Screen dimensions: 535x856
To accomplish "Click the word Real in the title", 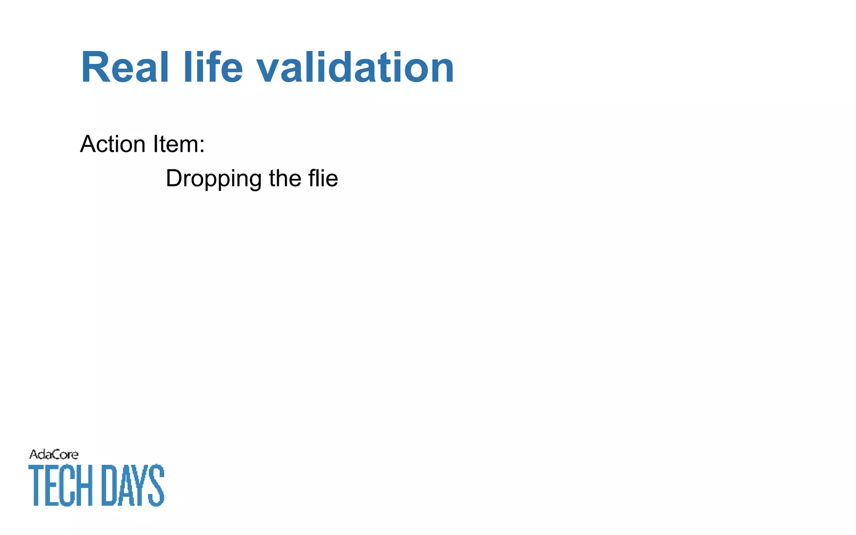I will coord(125,68).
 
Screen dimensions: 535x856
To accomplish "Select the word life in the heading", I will coord(213,68).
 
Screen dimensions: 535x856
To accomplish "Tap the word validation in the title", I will coord(355,68).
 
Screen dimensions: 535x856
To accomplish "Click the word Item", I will coord(175,144).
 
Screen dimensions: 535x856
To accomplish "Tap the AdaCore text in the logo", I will coord(53,454).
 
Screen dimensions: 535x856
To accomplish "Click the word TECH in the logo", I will coord(60,485).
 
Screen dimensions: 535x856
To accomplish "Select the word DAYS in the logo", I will coord(133,485).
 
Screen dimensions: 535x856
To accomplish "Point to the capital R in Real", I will coord(95,68).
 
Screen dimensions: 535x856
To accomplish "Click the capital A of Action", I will coord(88,144).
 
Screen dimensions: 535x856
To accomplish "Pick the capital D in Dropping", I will coord(173,178).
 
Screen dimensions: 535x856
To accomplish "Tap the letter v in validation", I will coord(268,71).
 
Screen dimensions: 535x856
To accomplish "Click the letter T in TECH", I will coord(36,485).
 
